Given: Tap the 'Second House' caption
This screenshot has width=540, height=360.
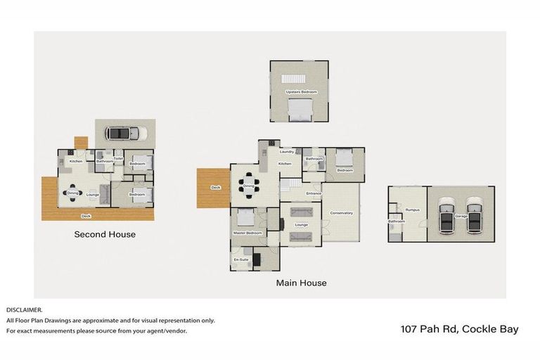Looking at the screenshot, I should tap(105, 234).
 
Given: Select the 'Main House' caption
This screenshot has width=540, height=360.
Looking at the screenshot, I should tap(301, 283).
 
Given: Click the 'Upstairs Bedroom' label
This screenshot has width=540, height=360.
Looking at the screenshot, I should tap(301, 92).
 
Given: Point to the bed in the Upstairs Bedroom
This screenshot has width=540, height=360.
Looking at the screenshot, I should tap(301, 108).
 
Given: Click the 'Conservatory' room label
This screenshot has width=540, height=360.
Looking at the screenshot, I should tap(341, 213).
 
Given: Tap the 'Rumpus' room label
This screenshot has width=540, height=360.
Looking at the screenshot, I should tap(412, 209).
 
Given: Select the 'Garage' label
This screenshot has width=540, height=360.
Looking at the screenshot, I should tap(461, 216).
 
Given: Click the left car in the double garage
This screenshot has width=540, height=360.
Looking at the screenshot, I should tap(447, 214).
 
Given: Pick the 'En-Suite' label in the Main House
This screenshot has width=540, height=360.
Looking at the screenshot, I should tap(241, 259).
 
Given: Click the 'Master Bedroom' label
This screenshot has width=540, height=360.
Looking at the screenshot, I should tap(247, 233).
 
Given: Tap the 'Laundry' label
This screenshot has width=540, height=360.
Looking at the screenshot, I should tap(286, 152).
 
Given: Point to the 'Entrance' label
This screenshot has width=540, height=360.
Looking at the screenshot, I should tap(314, 193).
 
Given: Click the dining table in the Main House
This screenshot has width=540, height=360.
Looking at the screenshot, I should tap(247, 186).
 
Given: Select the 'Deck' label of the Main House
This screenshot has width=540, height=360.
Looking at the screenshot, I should tap(216, 187).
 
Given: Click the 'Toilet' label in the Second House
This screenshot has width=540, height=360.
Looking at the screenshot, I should tap(118, 158).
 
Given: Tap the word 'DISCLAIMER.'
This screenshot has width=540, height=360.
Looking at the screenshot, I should tap(25, 309).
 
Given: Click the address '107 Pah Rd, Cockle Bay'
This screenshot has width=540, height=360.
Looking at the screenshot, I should tap(459, 329).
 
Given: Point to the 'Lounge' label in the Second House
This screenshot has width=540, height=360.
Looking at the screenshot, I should tap(93, 194).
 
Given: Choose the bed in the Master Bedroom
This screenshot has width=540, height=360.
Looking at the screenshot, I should tap(245, 217).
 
